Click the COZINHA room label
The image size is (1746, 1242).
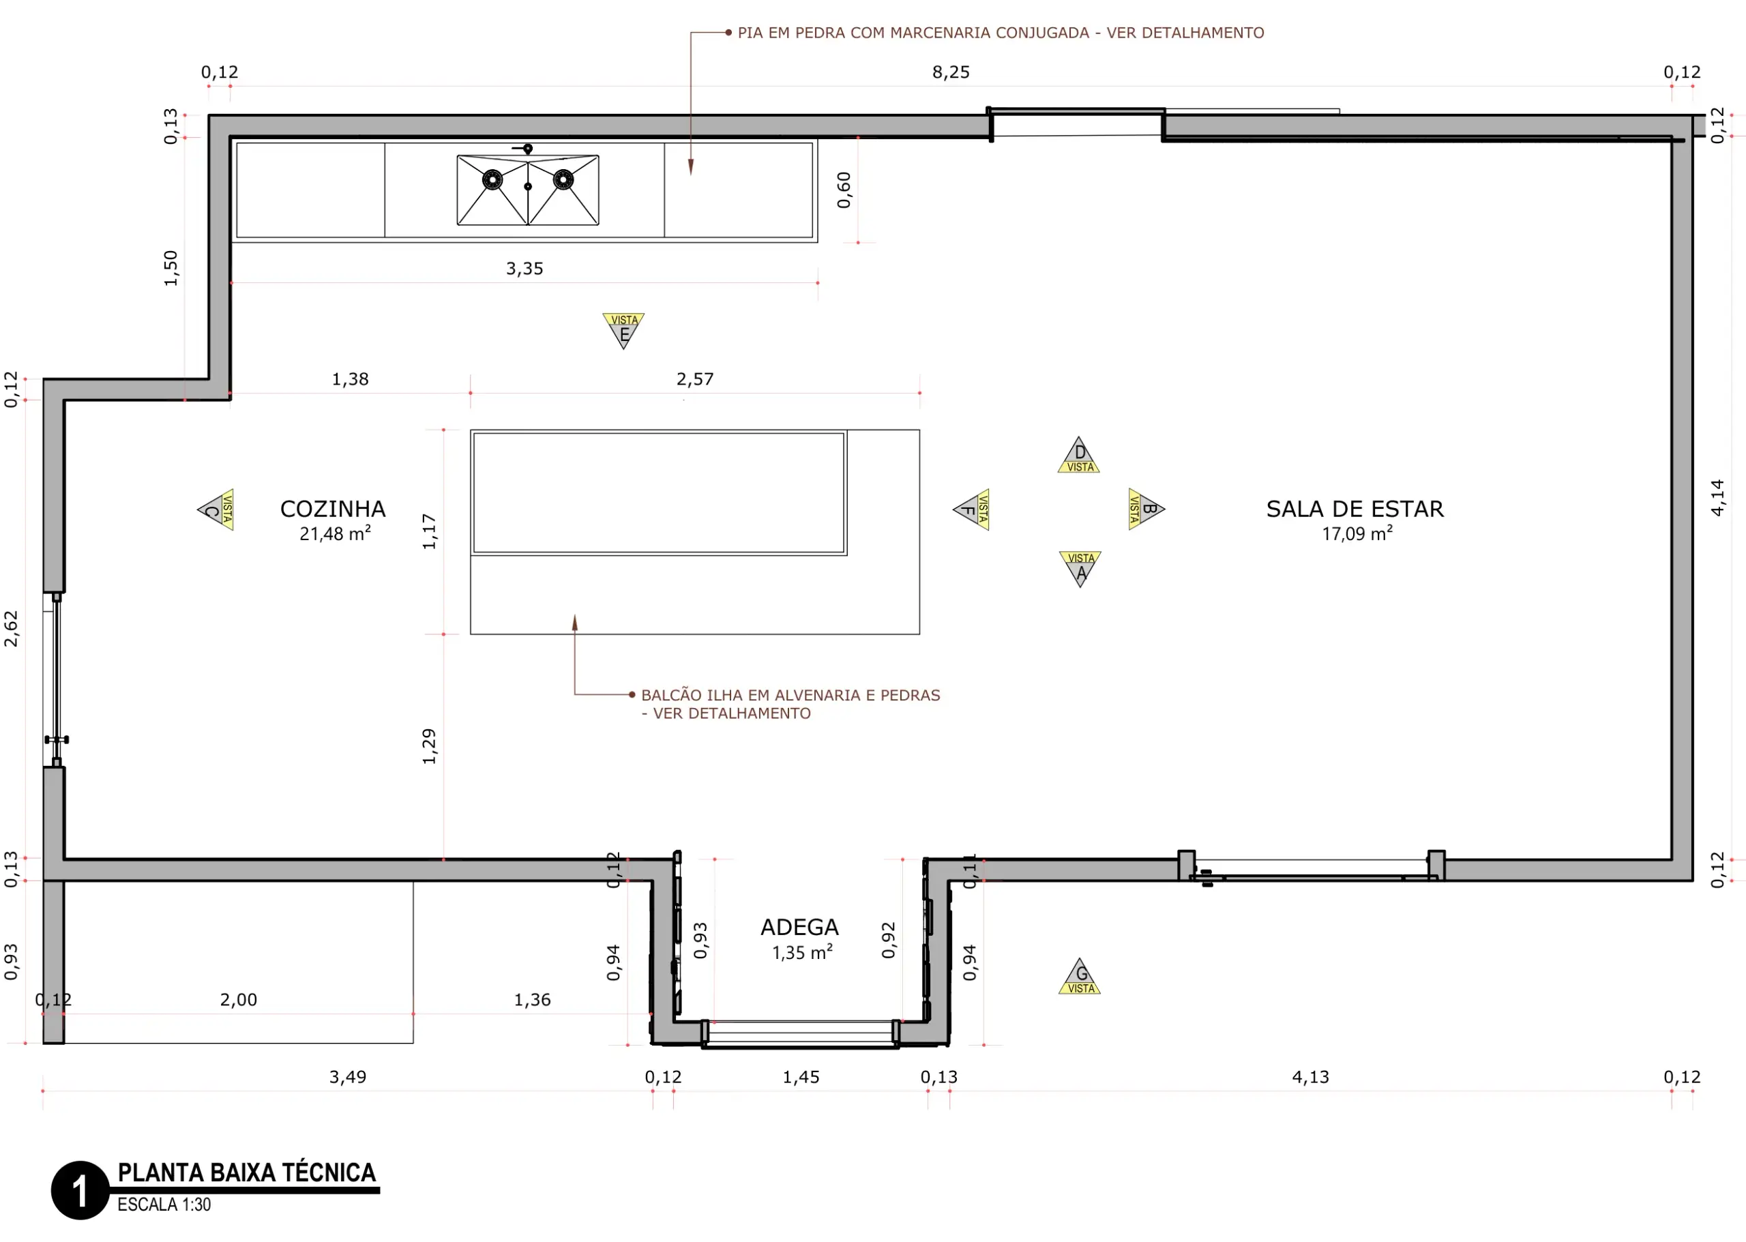[x=333, y=509]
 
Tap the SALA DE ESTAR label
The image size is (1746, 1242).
[x=1355, y=509]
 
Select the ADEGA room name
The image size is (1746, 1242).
[x=799, y=928]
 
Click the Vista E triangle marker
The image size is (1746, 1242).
[x=623, y=329]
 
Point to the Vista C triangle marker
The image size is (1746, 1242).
[x=216, y=509]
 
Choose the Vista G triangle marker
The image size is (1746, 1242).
[x=1079, y=977]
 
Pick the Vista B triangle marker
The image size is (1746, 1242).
[x=1146, y=509]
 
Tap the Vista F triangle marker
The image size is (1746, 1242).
[x=971, y=509]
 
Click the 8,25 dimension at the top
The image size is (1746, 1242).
[x=951, y=73]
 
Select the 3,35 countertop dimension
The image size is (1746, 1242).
[x=524, y=269]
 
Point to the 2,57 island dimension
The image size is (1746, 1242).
[x=694, y=379]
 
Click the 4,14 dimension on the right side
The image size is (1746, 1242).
[x=1718, y=498]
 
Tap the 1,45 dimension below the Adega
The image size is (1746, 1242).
[x=801, y=1078]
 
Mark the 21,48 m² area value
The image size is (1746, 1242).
[x=335, y=534]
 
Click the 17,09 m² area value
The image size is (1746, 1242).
[x=1357, y=534]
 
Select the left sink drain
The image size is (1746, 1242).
[x=492, y=180]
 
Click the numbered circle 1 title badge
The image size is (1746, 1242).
[x=80, y=1191]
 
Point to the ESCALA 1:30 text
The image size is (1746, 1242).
[x=164, y=1205]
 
